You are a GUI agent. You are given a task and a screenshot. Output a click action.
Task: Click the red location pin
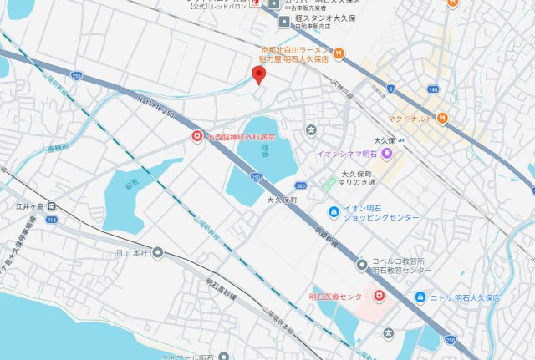tap(259, 75)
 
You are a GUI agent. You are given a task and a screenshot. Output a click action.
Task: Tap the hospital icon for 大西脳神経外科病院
tap(196, 134)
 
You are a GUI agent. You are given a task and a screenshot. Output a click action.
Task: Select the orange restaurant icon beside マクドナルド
tap(441, 119)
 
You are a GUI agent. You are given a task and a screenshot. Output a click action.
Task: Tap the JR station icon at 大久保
tap(402, 139)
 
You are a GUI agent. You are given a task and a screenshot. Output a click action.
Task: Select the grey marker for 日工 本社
tap(157, 251)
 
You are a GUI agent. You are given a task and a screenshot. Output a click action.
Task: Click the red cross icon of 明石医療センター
tap(378, 296)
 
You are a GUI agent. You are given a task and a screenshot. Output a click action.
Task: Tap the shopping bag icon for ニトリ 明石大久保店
tap(419, 297)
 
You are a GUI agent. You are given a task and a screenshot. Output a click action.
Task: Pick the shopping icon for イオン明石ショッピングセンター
tap(333, 211)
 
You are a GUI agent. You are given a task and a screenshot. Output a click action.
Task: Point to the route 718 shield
tap(52, 218)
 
